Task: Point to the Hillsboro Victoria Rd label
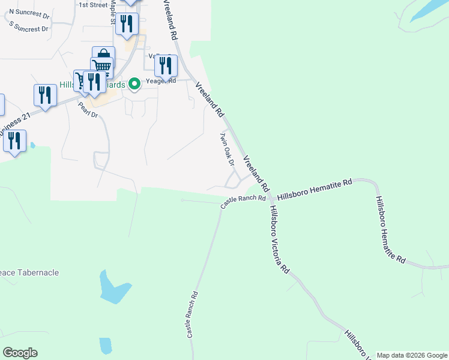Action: point(279,239)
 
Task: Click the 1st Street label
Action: point(93,5)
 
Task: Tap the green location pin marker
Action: point(135,85)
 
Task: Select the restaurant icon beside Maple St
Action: point(127,24)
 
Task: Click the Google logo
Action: point(20,353)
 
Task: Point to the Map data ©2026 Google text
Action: point(412,355)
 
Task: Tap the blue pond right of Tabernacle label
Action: point(113,287)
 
